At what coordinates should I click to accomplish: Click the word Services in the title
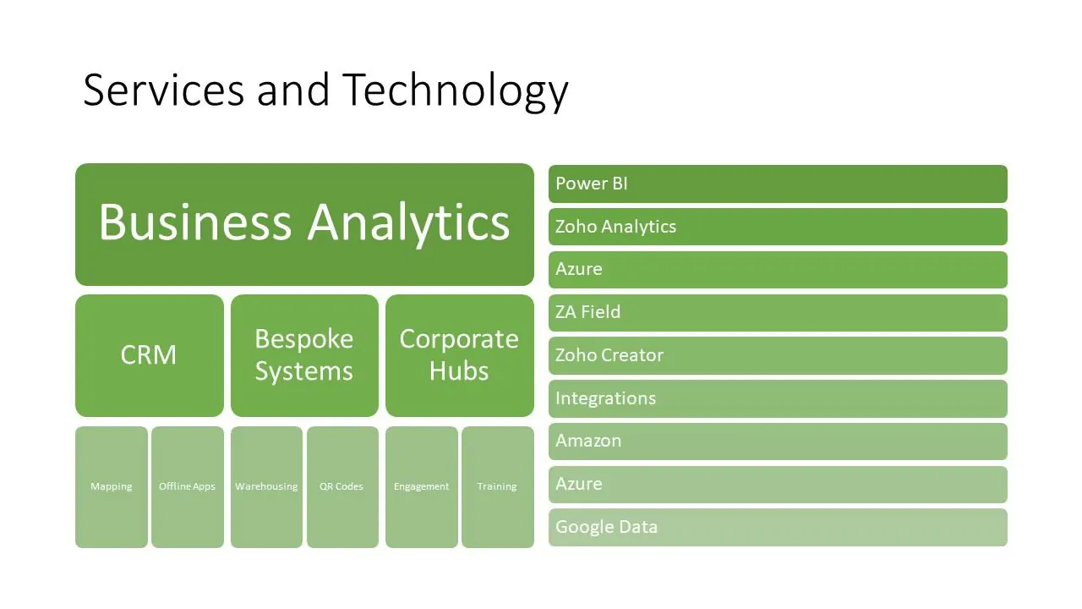pos(164,90)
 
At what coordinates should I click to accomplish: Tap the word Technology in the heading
pos(456,92)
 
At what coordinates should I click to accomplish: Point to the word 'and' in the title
pos(293,90)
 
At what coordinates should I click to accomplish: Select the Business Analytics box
pos(305,224)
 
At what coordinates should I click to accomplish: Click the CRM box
pos(150,356)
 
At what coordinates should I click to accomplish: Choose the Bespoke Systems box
pos(305,356)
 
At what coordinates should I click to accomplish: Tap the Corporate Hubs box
pos(460,356)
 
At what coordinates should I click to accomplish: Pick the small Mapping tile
pos(112,487)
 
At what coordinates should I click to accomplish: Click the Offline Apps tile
pos(188,487)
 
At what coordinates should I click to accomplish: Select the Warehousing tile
pos(266,487)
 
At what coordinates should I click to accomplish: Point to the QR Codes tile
pos(343,487)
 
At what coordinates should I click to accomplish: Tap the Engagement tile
pos(422,487)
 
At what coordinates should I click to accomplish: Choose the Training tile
pos(498,487)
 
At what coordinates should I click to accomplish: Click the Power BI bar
pos(779,184)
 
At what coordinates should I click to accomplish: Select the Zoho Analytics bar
pos(779,227)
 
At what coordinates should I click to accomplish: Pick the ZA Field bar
pos(779,313)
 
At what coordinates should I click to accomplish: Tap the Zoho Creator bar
pos(779,356)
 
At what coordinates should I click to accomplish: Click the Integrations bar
pos(779,398)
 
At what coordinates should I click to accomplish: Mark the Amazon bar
pos(779,442)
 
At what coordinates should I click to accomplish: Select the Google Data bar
pos(779,527)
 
